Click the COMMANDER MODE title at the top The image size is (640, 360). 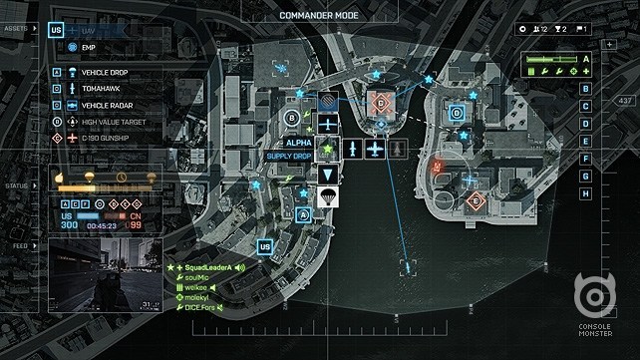tap(320, 14)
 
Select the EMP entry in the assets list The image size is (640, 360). tap(88, 47)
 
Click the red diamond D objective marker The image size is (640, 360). tap(381, 102)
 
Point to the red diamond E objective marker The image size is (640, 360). tap(477, 200)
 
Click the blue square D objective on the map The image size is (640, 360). tap(457, 114)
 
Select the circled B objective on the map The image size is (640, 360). tap(291, 119)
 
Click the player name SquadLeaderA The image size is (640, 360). tap(208, 268)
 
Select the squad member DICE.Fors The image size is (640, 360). tap(201, 307)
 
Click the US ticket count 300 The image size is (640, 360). tap(69, 225)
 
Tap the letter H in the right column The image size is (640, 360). tap(585, 192)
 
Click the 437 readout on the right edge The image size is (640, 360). tap(625, 102)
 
